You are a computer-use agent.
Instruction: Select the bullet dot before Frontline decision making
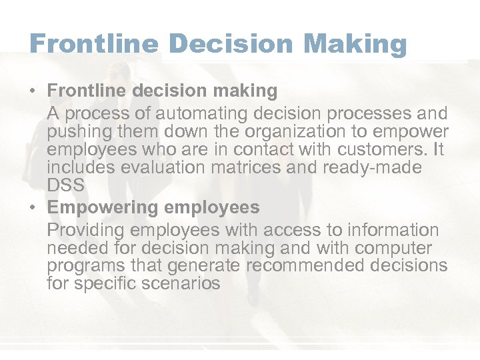pyautogui.click(x=33, y=90)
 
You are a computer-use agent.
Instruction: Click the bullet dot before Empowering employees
pyautogui.click(x=33, y=207)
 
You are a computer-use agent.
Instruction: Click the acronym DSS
pyautogui.click(x=66, y=186)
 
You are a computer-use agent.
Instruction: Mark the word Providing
pyautogui.click(x=85, y=231)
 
